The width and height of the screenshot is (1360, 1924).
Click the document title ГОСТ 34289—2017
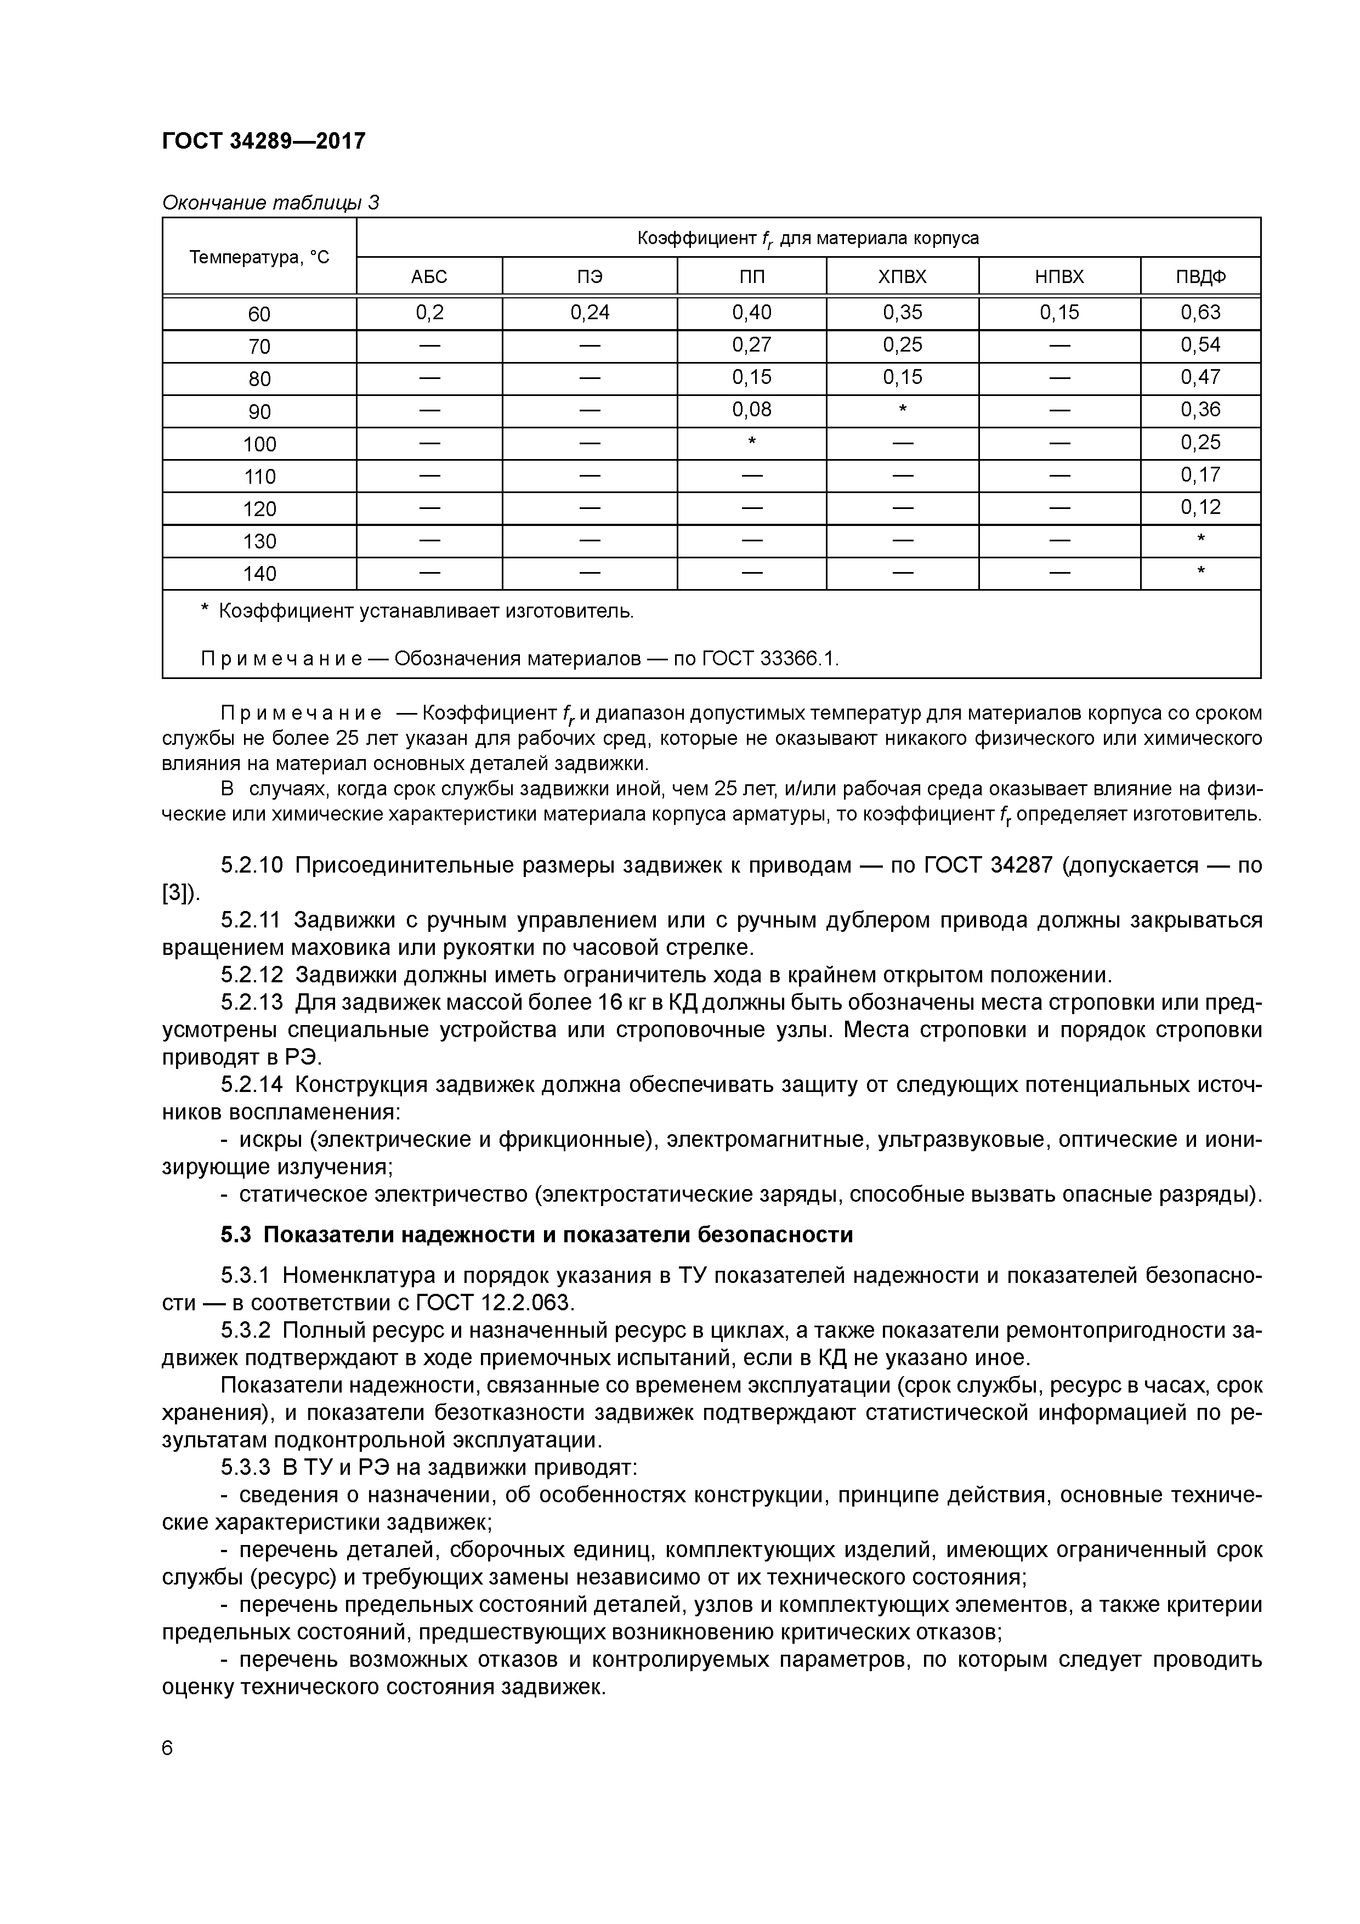click(x=263, y=141)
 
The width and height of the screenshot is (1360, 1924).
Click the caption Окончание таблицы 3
click(x=270, y=203)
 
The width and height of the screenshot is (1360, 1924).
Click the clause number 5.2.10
click(x=252, y=865)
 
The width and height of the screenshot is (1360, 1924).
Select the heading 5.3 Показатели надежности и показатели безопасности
click(x=536, y=1235)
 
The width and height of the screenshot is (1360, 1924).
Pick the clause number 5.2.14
click(x=252, y=1085)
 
